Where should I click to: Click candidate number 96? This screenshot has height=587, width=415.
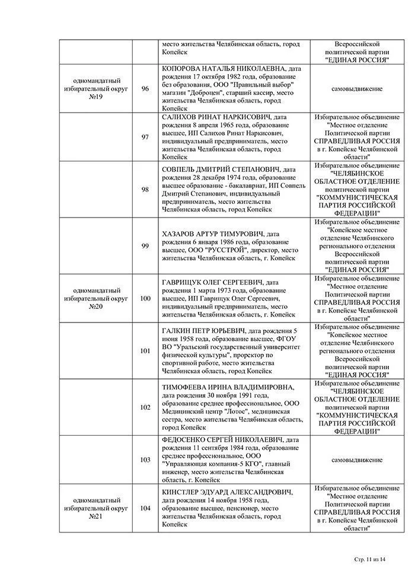(x=145, y=89)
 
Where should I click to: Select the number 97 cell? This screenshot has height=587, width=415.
(x=145, y=137)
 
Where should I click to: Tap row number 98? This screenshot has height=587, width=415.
(x=145, y=189)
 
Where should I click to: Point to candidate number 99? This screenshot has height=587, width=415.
(x=145, y=245)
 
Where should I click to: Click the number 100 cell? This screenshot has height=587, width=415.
(x=145, y=298)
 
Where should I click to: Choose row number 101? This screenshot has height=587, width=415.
(x=145, y=350)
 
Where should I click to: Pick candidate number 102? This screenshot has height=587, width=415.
(x=145, y=407)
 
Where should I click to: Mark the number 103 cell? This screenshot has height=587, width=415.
(x=145, y=460)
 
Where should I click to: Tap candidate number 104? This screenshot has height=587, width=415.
(x=145, y=508)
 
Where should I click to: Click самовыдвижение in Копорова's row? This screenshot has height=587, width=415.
(x=357, y=89)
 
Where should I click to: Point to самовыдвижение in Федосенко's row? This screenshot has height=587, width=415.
(x=357, y=460)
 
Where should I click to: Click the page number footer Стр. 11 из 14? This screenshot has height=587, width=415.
(x=369, y=559)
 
